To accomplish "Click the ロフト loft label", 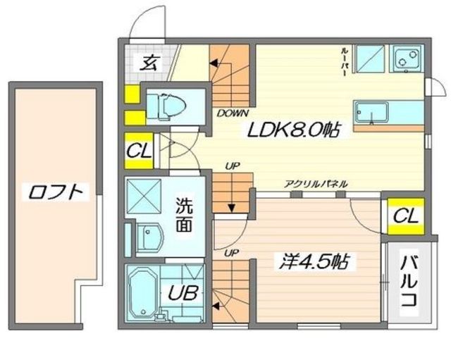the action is pos(56,192).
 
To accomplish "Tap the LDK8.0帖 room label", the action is pos(293,130).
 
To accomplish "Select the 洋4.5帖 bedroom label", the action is pos(314,261).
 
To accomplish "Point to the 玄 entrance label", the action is pos(149,63).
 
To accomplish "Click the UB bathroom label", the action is pos(183,293).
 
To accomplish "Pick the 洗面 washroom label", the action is pos(184,215).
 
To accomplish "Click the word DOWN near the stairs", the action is pos(233,113).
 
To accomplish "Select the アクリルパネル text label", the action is pos(316,184).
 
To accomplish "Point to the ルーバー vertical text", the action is pos(343,62).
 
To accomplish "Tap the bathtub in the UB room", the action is pos(142,292).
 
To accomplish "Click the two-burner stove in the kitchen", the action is pos(407,58).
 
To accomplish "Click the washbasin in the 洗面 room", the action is pos(149,238).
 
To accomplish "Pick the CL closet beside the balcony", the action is pos(406,216).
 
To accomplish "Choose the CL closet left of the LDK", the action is pos(139,151).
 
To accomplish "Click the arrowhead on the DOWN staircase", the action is pos(214,63).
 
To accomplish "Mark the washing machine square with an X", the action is pos(144,196).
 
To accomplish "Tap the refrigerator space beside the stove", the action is pos(370,58).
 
